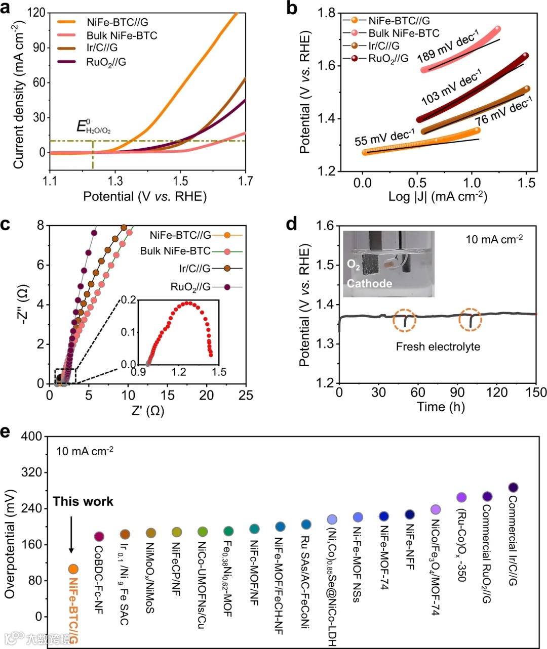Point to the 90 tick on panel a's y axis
pyautogui.click(x=39, y=48)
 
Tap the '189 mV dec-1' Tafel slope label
pyautogui.click(x=448, y=47)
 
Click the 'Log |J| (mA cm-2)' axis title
pyautogui.click(x=438, y=197)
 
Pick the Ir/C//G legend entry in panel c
pyautogui.click(x=194, y=269)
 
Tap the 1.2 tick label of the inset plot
pyautogui.click(x=179, y=372)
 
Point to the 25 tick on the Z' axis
pyautogui.click(x=246, y=396)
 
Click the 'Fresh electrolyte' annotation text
pyautogui.click(x=438, y=347)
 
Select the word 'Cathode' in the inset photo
pyautogui.click(x=369, y=284)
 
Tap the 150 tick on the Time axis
pyautogui.click(x=536, y=393)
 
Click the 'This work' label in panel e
pyautogui.click(x=83, y=501)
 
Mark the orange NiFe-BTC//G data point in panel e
pyautogui.click(x=73, y=569)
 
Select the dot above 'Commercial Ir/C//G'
pyautogui.click(x=513, y=488)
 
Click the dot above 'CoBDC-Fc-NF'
pyautogui.click(x=99, y=536)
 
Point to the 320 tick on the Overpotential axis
pyautogui.click(x=31, y=472)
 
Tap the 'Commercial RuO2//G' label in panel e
pyautogui.click(x=487, y=553)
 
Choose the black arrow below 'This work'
pyautogui.click(x=71, y=534)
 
